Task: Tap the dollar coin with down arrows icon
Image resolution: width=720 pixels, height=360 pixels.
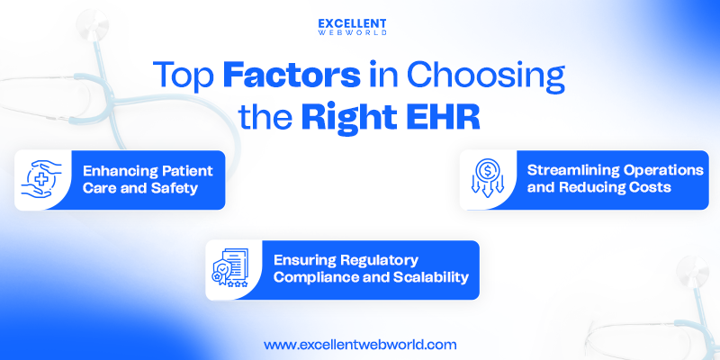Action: tap(486, 179)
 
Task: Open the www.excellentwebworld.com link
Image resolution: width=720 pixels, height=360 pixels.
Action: tap(360, 344)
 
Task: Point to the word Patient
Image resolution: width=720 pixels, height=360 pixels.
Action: tap(184, 170)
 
